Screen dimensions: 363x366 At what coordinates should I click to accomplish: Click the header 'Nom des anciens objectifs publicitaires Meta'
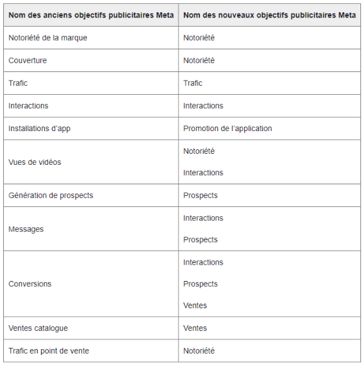(91, 15)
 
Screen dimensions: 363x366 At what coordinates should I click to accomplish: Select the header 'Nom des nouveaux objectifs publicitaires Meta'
(269, 15)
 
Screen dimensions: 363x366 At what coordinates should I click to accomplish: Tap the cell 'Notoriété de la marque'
(47, 38)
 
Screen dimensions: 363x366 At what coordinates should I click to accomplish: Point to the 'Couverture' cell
(27, 60)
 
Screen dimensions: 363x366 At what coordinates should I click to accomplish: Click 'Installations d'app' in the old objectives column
(39, 128)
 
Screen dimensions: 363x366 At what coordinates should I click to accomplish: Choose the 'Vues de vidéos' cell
(34, 162)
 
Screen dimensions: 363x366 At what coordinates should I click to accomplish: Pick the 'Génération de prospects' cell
(51, 195)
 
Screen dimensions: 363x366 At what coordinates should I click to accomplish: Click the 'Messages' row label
(26, 229)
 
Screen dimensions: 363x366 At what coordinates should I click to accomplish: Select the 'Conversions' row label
(30, 284)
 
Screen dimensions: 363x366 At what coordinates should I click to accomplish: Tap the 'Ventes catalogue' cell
(38, 328)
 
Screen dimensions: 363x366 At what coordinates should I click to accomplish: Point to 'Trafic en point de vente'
(49, 351)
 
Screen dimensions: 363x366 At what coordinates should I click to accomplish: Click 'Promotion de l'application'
(227, 128)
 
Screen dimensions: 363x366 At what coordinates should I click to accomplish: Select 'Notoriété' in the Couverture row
(199, 60)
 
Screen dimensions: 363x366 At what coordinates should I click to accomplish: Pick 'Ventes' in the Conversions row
(195, 306)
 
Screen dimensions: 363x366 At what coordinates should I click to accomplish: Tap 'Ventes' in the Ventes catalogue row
(195, 328)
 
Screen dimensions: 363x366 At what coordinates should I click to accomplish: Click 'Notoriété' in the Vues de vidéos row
(199, 151)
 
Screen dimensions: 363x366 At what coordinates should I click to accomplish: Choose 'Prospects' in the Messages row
(200, 240)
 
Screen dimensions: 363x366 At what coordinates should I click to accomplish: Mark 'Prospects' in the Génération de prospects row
(200, 195)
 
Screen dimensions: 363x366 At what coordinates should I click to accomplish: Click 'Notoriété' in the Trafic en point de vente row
(199, 351)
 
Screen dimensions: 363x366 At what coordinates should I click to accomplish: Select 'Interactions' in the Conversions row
(203, 262)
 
